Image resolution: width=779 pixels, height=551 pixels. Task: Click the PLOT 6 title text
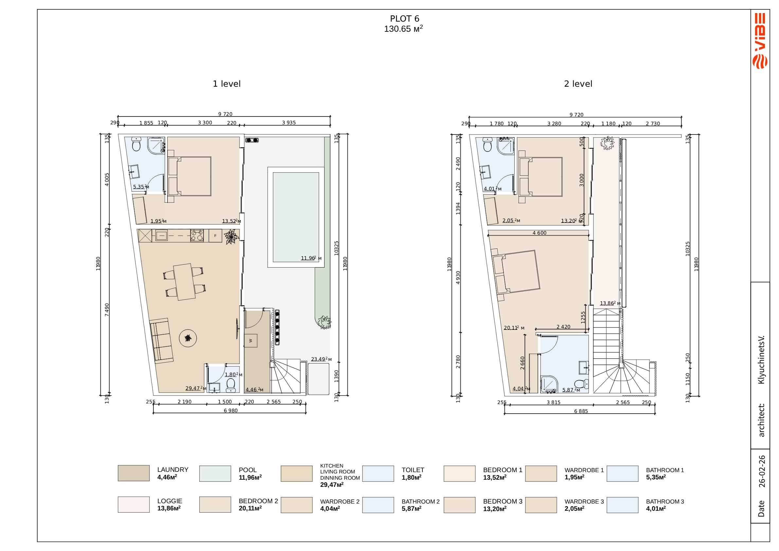coord(404,19)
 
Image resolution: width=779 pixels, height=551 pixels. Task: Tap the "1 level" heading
coord(227,84)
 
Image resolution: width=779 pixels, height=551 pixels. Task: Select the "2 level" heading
coord(578,84)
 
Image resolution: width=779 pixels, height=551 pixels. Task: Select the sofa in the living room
coord(161,341)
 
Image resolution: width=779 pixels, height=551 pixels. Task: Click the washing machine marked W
coord(251,341)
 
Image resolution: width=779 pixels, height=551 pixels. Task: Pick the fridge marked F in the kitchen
coord(215,236)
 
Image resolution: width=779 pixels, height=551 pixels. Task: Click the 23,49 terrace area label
coord(321,359)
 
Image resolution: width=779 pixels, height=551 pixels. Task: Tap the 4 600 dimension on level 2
coord(540,233)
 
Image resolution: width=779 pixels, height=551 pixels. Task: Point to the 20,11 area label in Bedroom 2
coord(514,328)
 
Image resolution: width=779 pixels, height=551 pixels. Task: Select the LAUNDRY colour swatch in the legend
coord(134,473)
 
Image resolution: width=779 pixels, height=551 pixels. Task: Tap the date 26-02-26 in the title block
coord(762,471)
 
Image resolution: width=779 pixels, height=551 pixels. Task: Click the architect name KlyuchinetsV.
coord(762,360)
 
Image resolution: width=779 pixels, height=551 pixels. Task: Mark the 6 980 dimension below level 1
coord(231,411)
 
